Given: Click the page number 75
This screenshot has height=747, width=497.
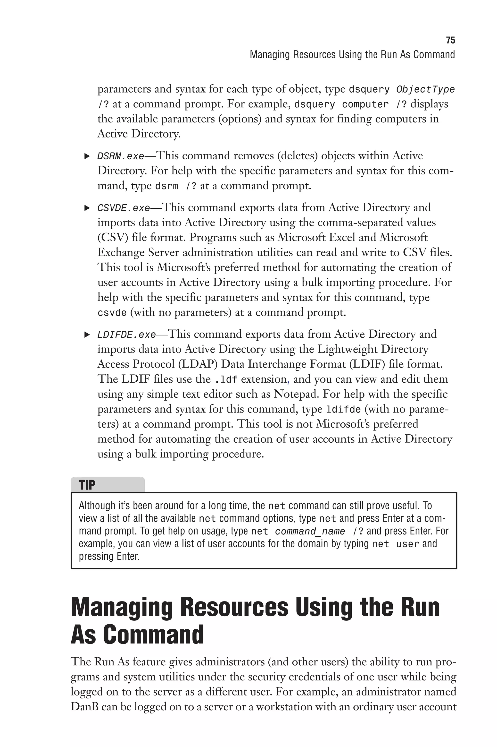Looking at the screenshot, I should (x=450, y=40).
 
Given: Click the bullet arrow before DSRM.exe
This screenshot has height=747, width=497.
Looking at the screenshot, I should (x=87, y=156).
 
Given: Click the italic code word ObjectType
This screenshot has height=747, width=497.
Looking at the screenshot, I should (x=425, y=90).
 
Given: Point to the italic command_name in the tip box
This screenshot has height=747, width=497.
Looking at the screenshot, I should (x=310, y=531).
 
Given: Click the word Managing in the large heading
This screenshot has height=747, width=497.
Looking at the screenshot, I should (x=122, y=607).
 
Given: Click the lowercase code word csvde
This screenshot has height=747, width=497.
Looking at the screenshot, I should (x=112, y=313).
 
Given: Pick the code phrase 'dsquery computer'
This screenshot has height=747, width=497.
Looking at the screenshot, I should (x=341, y=105).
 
